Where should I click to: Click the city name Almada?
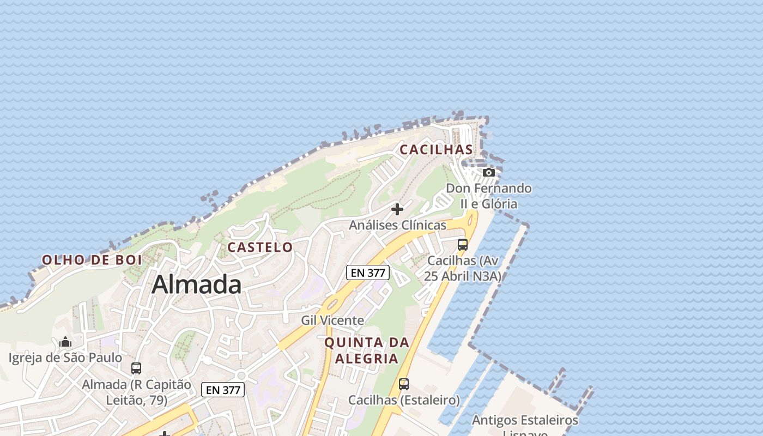pos(196,284)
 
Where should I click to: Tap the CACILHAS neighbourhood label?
pos(436,149)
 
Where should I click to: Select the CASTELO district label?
pos(260,247)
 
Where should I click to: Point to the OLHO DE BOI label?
pos(92,260)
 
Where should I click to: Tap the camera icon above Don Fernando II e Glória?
pos(489,172)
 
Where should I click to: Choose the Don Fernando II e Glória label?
pos(489,196)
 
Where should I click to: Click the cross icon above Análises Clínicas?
pos(397,209)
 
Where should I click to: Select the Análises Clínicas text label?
pos(397,225)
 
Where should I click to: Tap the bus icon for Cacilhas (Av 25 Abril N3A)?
pos(463,245)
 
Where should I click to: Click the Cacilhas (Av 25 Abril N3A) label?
pos(463,268)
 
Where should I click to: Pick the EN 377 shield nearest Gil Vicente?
pos(368,272)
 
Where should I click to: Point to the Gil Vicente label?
pos(332,320)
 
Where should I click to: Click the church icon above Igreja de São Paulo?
pos(65,342)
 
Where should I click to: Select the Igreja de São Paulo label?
pos(65,358)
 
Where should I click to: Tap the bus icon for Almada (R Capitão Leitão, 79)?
pos(136,368)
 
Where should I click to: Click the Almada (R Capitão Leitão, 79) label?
pos(136,392)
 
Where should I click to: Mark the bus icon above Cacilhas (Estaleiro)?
pos(404,384)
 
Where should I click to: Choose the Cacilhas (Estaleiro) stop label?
pos(404,400)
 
